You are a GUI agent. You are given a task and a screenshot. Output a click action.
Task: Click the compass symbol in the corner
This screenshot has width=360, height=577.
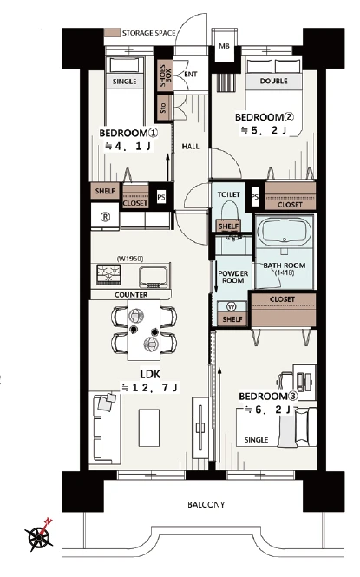click(39, 535)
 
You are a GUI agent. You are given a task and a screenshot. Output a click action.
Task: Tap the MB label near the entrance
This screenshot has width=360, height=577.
click(225, 46)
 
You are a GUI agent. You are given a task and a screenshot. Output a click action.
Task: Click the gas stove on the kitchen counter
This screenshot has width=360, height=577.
click(108, 275)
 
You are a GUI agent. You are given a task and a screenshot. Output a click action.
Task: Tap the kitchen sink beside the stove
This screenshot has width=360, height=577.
click(154, 277)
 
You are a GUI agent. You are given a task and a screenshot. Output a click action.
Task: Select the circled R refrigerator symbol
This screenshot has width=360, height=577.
click(106, 217)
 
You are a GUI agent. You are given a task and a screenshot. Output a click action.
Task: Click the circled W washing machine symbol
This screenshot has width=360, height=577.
click(232, 306)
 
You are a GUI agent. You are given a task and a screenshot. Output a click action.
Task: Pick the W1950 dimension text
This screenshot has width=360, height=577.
click(130, 259)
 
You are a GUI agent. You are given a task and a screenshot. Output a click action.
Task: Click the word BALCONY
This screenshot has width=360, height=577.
click(206, 504)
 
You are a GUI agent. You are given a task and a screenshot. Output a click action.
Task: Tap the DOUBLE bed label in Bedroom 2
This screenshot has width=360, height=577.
click(273, 81)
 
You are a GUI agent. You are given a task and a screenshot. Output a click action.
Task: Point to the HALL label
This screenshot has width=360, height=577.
click(191, 147)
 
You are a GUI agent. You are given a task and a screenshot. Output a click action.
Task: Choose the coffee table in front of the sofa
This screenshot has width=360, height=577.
click(149, 428)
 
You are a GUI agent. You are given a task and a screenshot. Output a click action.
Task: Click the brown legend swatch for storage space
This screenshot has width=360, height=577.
click(112, 32)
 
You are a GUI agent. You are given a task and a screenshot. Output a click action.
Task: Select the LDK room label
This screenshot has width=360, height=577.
click(150, 374)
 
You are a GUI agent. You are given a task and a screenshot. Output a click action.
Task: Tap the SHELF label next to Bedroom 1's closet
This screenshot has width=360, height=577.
click(105, 191)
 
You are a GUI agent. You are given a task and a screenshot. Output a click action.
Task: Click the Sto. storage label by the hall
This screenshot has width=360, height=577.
click(164, 107)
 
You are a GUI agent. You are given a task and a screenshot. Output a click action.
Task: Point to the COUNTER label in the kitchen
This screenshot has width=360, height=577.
click(131, 295)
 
